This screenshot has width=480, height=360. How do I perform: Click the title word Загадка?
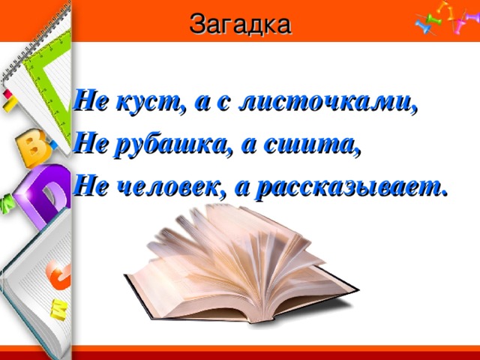coord(240,24)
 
